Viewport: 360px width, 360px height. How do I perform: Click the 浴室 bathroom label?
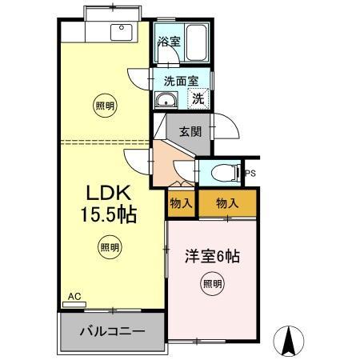pyautogui.click(x=169, y=40)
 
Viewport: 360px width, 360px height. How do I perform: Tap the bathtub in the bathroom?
pyautogui.click(x=197, y=42)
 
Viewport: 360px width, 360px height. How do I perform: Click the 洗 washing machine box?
pyautogui.click(x=196, y=98)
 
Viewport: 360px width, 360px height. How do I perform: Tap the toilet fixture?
pyautogui.click(x=224, y=172)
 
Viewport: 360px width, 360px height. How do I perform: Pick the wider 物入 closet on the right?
pyautogui.click(x=228, y=204)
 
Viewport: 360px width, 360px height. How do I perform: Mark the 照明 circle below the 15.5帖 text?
pyautogui.click(x=110, y=246)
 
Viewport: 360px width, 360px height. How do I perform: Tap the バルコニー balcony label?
pyautogui.click(x=111, y=330)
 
